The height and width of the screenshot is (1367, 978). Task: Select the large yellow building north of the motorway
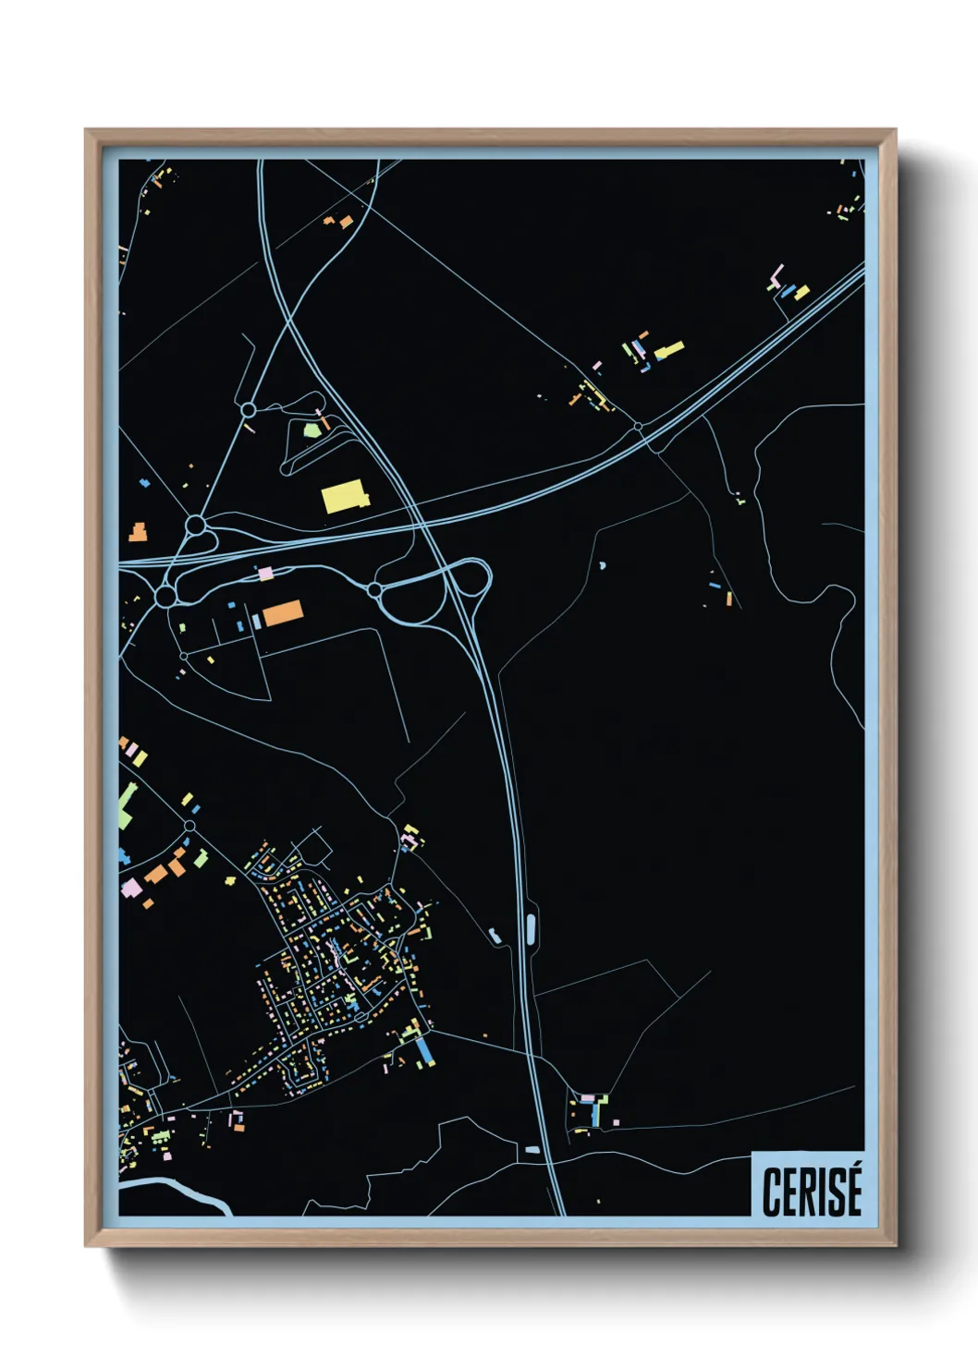click(x=344, y=496)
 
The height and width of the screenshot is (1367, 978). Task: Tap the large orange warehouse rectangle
click(x=282, y=612)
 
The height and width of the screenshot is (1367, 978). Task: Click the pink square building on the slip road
click(x=266, y=574)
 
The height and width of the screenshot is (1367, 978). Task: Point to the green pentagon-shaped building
click(x=312, y=429)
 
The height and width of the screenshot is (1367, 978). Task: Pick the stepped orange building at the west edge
click(x=138, y=532)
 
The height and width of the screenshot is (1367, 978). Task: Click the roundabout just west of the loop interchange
click(x=374, y=589)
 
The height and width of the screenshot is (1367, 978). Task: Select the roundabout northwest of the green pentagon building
click(x=248, y=409)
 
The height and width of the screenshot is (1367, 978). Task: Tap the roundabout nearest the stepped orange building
click(x=195, y=526)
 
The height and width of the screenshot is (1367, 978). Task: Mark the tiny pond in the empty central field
click(x=603, y=563)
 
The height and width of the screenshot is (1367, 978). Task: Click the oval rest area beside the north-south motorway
click(x=531, y=928)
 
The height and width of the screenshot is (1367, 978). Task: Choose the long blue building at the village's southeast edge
click(x=425, y=1050)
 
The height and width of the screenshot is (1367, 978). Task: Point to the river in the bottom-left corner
click(x=176, y=1192)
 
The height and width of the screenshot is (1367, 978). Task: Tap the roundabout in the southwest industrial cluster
click(x=189, y=825)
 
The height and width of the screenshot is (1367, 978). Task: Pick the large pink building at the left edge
click(x=131, y=889)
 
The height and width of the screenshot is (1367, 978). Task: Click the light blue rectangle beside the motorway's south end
click(x=532, y=1150)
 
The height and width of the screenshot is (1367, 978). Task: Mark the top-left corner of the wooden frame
click(x=87, y=131)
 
